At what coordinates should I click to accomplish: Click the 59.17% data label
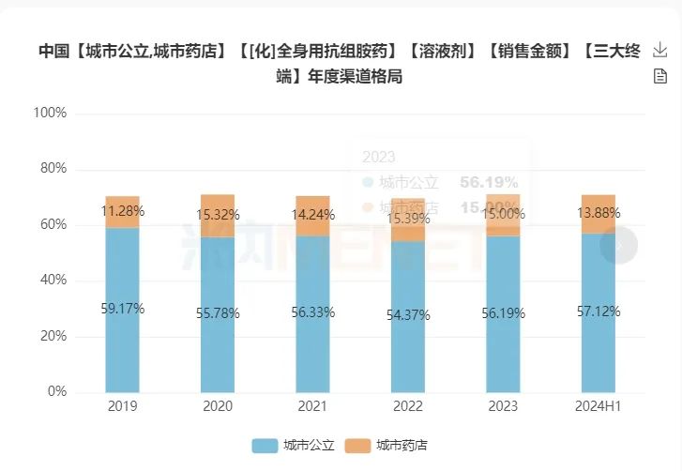click(122, 308)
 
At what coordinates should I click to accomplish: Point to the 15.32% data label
click(218, 215)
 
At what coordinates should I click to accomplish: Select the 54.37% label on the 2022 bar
click(407, 315)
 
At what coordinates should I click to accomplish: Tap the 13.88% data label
click(598, 213)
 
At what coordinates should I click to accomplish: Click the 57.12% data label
click(598, 311)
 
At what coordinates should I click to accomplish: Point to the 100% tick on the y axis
click(50, 113)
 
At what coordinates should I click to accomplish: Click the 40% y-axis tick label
click(53, 280)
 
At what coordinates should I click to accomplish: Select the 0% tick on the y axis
click(56, 391)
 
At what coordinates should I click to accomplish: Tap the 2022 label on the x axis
click(407, 406)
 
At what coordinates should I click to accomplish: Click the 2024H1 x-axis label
click(598, 406)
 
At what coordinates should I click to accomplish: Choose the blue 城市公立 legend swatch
click(265, 446)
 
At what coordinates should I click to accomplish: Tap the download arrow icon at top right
click(659, 51)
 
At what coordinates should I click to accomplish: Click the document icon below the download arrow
click(659, 76)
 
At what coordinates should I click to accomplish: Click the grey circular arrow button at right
click(619, 245)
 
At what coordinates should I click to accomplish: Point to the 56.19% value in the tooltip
click(489, 182)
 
